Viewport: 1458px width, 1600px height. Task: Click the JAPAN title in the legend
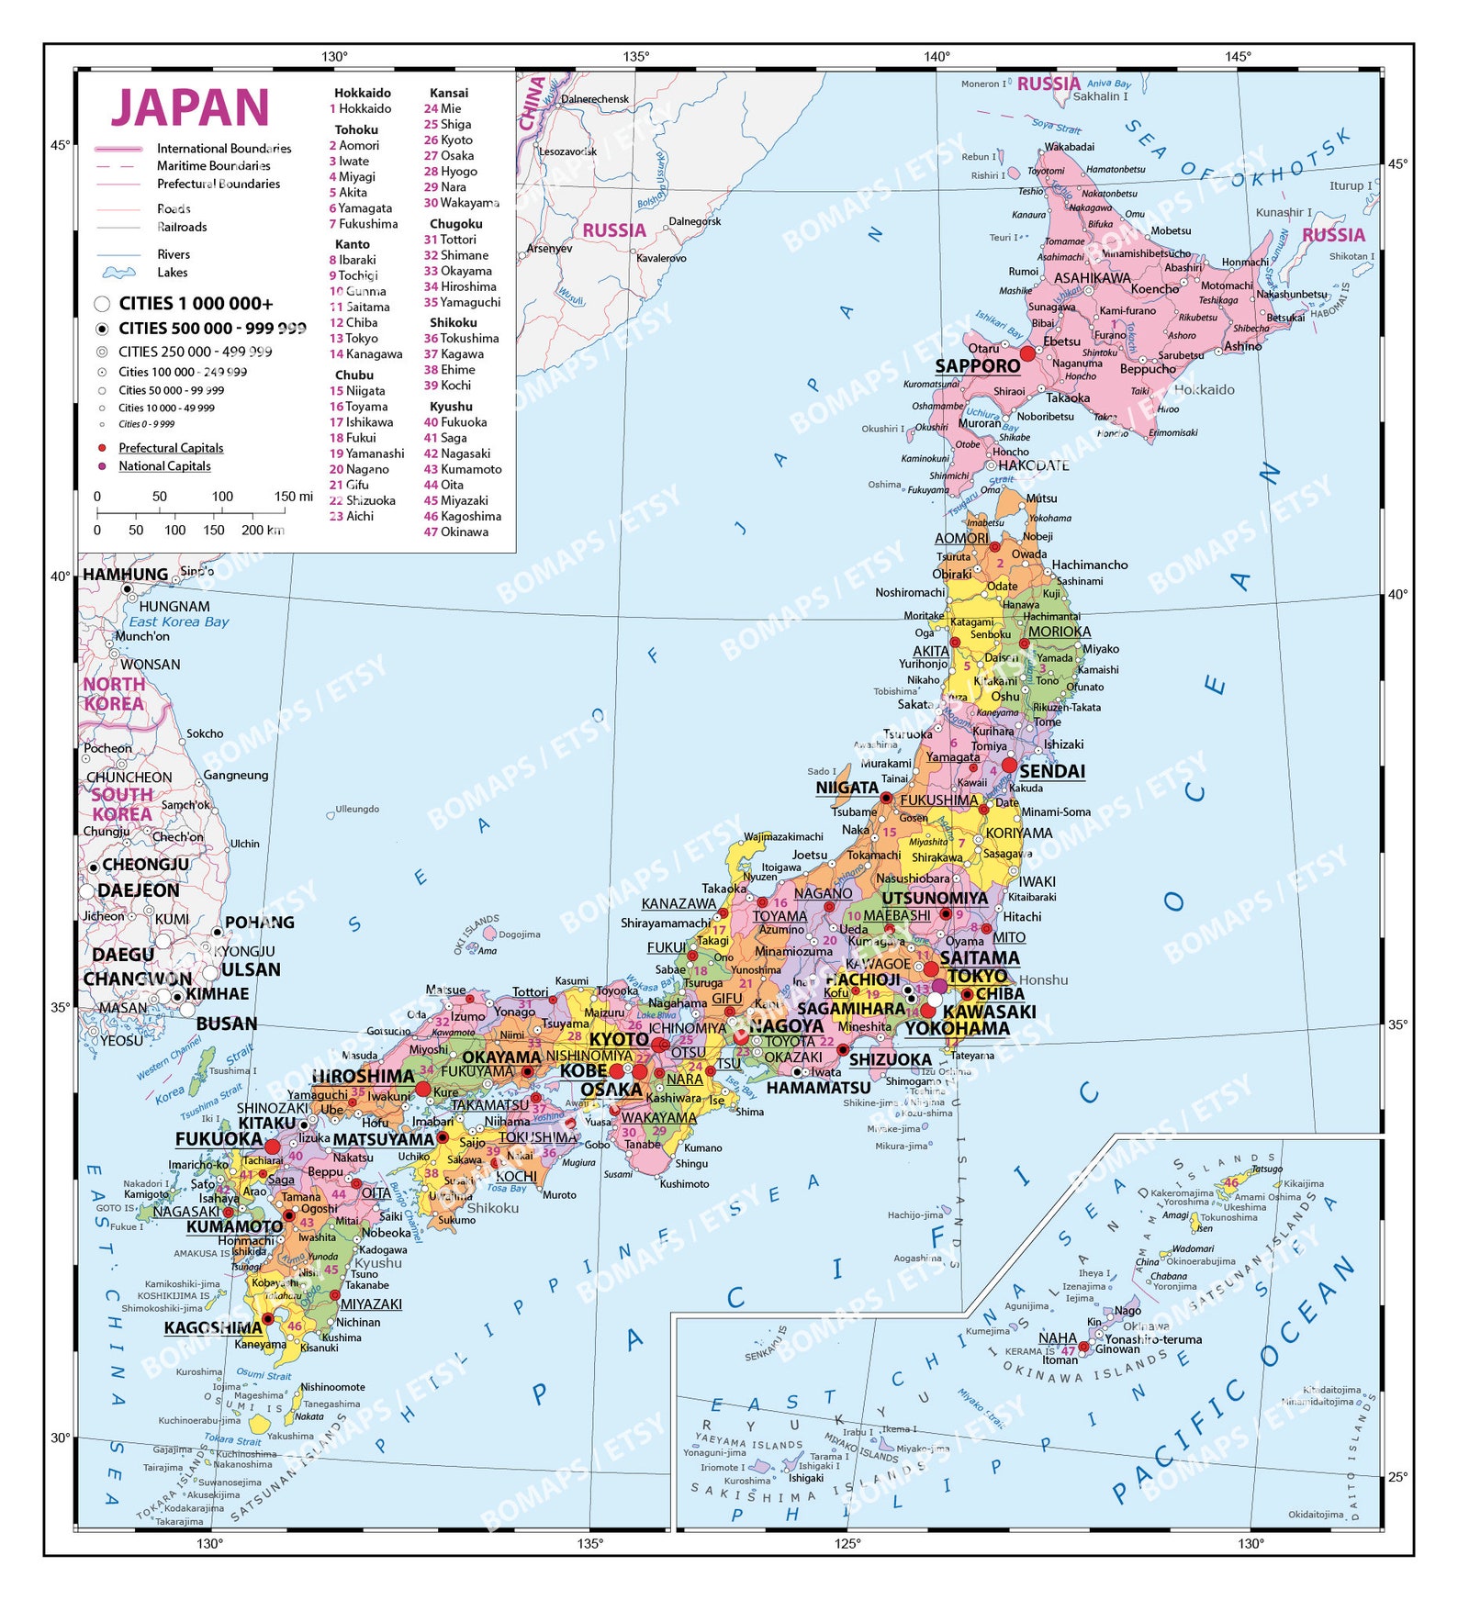pyautogui.click(x=190, y=108)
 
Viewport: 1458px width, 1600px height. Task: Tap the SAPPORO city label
pyautogui.click(x=977, y=366)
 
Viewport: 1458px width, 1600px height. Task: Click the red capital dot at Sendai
pyautogui.click(x=1009, y=765)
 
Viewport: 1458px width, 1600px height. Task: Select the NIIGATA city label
pyautogui.click(x=847, y=788)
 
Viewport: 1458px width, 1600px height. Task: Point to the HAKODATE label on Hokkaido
pyautogui.click(x=1033, y=465)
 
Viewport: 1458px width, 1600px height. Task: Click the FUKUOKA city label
pyautogui.click(x=219, y=1139)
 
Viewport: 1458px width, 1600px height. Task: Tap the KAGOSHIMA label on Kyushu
pyautogui.click(x=213, y=1327)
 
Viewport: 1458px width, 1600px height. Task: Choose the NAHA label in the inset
pyautogui.click(x=1057, y=1337)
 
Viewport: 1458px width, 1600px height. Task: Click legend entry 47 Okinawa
pyautogui.click(x=456, y=531)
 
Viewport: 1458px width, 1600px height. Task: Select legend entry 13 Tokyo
pyautogui.click(x=353, y=338)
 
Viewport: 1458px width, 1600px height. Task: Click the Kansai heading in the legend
pyautogui.click(x=449, y=93)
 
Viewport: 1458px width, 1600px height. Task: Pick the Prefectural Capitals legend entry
pyautogui.click(x=171, y=448)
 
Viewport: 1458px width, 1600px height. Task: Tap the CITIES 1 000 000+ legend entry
pyautogui.click(x=195, y=304)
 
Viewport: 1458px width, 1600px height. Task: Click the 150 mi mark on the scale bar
pyautogui.click(x=293, y=497)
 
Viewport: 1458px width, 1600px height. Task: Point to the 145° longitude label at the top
pyautogui.click(x=1237, y=57)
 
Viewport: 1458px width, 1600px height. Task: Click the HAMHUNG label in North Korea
pyautogui.click(x=126, y=575)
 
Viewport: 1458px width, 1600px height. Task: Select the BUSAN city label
pyautogui.click(x=226, y=1024)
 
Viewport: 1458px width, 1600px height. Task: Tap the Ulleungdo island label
pyautogui.click(x=357, y=809)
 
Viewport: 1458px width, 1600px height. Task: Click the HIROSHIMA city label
pyautogui.click(x=363, y=1076)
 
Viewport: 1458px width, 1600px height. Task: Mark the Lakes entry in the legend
pyautogui.click(x=172, y=273)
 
